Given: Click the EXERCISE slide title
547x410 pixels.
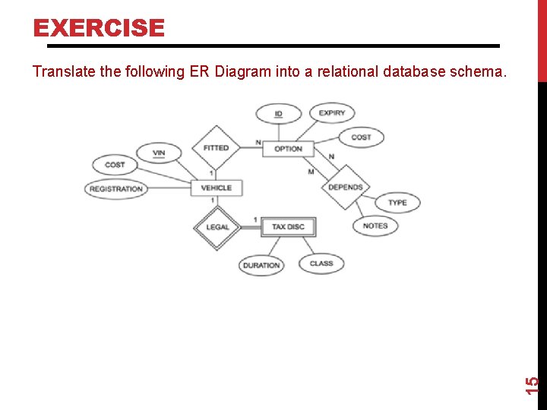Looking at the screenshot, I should tap(99, 28).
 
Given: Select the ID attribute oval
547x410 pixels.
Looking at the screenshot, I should tap(278, 114).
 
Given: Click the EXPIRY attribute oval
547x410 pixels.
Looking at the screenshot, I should tap(331, 113).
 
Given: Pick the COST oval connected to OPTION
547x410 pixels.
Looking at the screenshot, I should tap(361, 137).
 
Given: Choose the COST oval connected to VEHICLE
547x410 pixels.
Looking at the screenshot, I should tap(115, 164).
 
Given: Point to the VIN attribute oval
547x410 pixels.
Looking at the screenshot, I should tap(158, 153).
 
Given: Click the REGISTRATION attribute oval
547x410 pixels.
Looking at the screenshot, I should tap(116, 188).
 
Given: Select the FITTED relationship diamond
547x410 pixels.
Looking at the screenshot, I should tap(216, 148).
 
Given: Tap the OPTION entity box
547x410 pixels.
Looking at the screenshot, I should tap(288, 149).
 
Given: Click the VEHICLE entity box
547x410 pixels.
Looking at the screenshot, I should tap(216, 188).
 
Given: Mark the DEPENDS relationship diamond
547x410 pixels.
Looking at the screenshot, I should tap(345, 187).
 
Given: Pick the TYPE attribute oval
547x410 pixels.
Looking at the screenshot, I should tap(397, 203).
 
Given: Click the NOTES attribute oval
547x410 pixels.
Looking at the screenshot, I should tap(375, 225).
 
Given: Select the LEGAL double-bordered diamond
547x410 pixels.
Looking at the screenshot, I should tap(217, 226).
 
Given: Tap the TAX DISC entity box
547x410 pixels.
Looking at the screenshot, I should tap(288, 226).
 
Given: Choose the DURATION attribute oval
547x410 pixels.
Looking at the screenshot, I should tap(261, 266).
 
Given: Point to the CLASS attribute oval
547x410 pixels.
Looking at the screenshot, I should tap(321, 263).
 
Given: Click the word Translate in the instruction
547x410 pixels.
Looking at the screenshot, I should tap(59, 72).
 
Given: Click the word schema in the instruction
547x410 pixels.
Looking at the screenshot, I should tap(481, 72).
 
